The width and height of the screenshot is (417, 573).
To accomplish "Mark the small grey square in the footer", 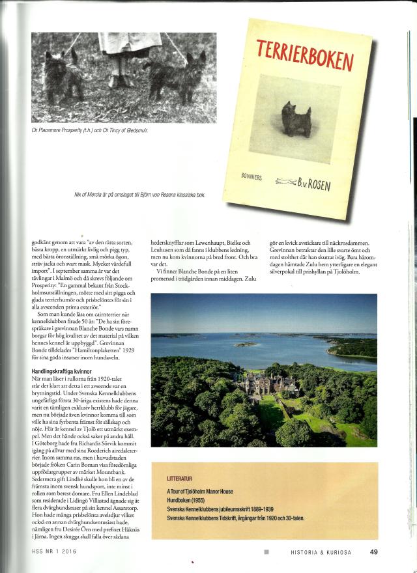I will coord(266,552).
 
